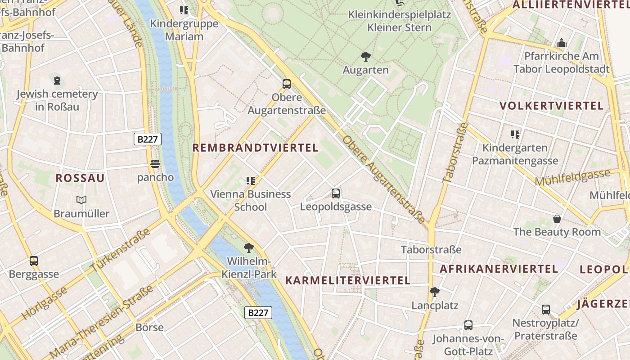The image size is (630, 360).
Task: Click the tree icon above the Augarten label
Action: click(x=365, y=57)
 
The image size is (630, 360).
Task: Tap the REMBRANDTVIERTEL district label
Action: click(x=256, y=148)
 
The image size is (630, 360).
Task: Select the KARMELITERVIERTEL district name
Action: click(x=348, y=280)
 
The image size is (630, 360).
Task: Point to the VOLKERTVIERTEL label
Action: click(x=551, y=106)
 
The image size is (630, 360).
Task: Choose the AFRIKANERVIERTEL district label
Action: click(x=499, y=269)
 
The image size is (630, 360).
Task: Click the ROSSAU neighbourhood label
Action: click(x=80, y=178)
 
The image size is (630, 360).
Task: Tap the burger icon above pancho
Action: click(x=155, y=164)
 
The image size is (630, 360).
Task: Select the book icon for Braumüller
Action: click(x=81, y=200)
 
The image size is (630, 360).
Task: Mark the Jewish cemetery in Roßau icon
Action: click(x=57, y=81)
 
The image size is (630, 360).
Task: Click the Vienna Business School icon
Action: click(x=251, y=181)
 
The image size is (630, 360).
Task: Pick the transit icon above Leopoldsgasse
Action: click(x=336, y=193)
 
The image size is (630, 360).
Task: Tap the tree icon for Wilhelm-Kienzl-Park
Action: click(x=248, y=247)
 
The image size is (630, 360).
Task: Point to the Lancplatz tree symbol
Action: click(x=435, y=292)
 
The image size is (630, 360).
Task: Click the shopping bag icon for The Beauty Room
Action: click(x=557, y=219)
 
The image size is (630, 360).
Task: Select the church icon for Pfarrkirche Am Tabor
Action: click(x=562, y=43)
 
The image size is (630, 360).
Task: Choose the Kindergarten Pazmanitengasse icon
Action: click(x=515, y=134)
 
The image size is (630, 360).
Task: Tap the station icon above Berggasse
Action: click(x=34, y=261)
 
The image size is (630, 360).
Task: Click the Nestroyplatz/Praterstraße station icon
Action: click(x=546, y=310)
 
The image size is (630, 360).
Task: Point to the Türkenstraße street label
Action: click(x=121, y=250)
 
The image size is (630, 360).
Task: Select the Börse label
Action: click(x=149, y=327)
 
